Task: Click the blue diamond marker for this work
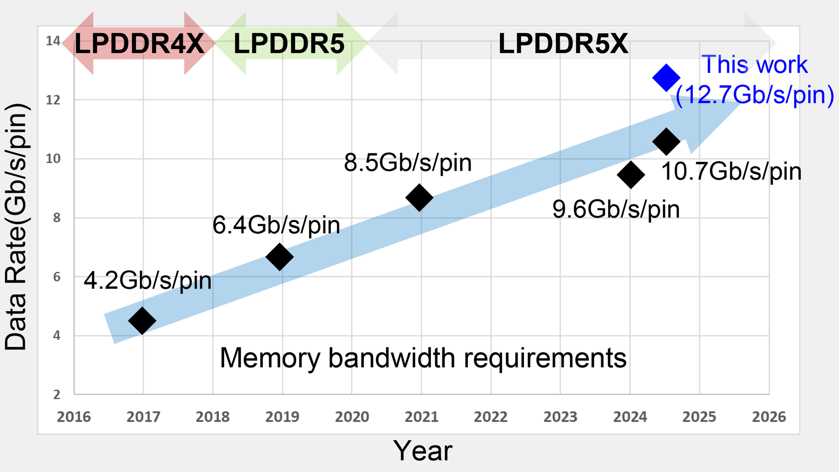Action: point(666,78)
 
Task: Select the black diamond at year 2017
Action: point(142,320)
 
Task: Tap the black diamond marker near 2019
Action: point(279,257)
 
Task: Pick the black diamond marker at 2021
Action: point(419,198)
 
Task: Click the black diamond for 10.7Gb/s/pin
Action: point(666,142)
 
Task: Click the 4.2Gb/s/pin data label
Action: point(148,281)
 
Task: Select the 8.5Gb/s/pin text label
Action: point(408,163)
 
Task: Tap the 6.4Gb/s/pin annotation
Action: point(276,226)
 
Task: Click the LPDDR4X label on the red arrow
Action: point(139,44)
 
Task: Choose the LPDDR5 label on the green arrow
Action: point(289,44)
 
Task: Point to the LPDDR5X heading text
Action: point(563,44)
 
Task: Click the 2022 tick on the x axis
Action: point(490,417)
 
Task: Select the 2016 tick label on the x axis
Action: point(74,417)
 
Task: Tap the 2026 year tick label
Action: point(769,417)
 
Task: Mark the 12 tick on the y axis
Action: point(53,100)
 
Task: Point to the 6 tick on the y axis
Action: point(56,277)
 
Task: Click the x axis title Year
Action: point(423,451)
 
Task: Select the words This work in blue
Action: point(755,65)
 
